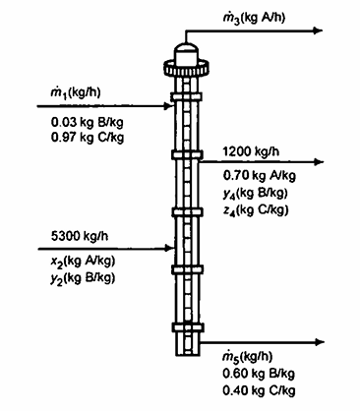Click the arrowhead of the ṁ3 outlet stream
(x=318, y=29)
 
